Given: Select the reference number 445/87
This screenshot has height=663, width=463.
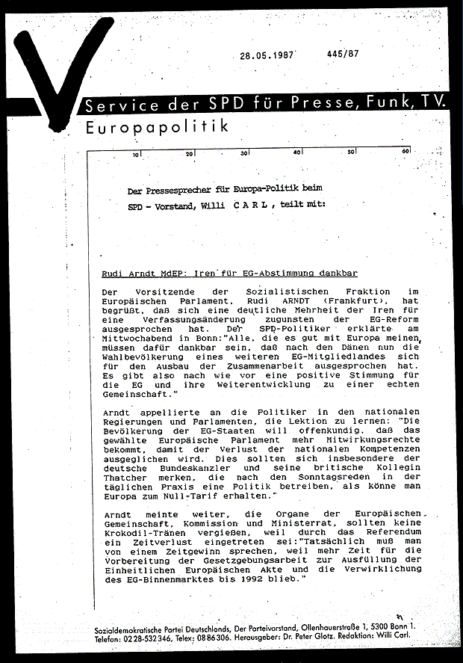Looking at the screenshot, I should point(343,54).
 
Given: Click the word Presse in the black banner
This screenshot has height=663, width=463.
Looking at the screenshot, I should point(306,105).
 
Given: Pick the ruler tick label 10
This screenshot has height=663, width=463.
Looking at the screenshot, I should point(136,155).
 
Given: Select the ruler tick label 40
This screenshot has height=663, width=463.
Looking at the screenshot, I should point(297,153).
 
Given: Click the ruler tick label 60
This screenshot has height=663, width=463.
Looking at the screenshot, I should point(405,152).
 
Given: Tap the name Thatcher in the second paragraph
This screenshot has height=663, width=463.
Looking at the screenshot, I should point(124,476).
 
